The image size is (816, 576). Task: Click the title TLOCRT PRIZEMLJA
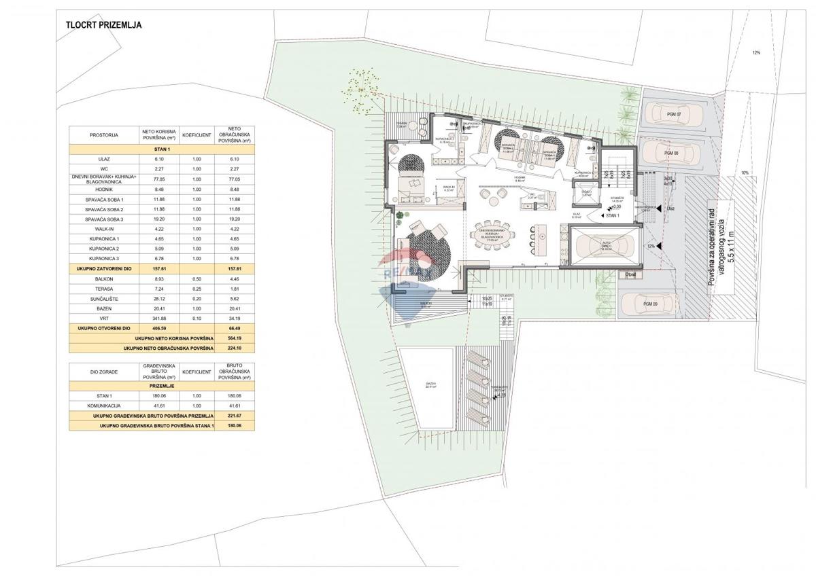(103, 26)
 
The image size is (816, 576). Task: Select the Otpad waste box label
(631, 274)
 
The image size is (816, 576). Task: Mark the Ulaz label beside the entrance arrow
(671, 209)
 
